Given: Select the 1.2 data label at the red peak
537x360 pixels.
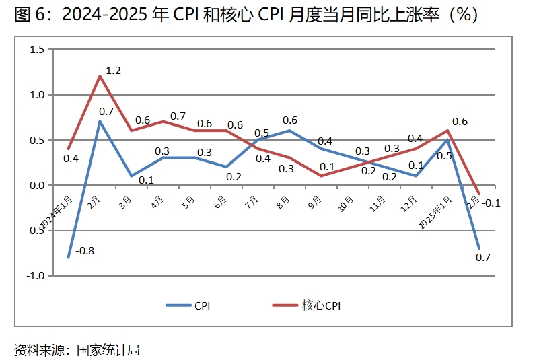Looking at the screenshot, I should [114, 70].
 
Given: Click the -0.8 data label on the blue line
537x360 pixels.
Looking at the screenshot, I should [85, 251].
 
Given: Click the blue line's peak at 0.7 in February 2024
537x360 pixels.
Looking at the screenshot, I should [100, 122].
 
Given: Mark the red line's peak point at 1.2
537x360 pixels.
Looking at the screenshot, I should [100, 76].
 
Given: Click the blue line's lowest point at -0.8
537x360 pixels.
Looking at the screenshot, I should [68, 258].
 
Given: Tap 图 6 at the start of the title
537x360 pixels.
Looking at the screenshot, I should [29, 15].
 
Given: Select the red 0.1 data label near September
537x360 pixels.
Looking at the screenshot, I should [327, 166].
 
